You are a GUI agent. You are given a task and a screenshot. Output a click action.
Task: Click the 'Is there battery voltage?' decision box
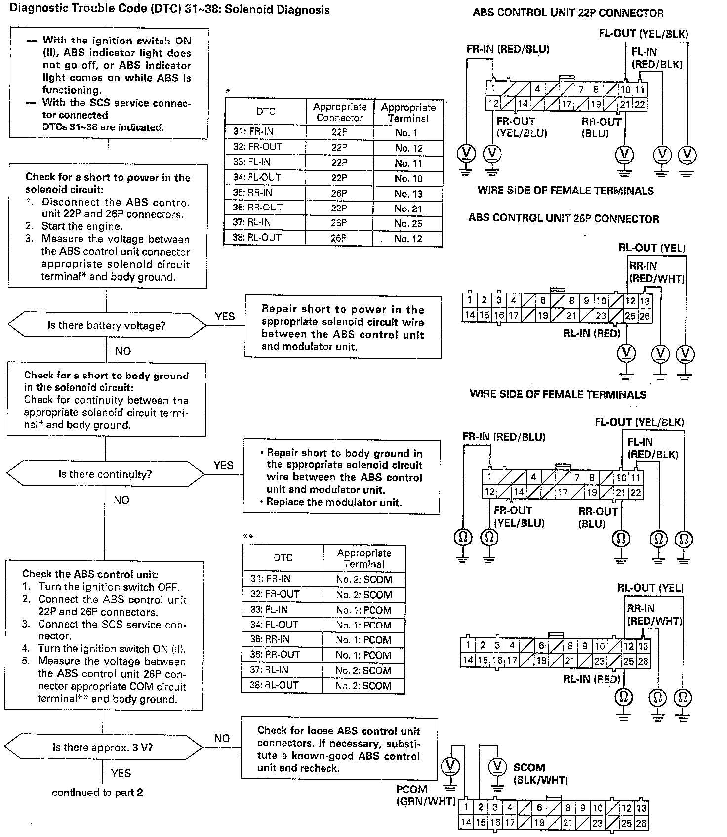click(x=106, y=326)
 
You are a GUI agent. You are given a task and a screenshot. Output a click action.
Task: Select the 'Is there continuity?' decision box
click(x=105, y=475)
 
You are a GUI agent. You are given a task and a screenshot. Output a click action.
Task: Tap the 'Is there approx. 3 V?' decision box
click(x=103, y=748)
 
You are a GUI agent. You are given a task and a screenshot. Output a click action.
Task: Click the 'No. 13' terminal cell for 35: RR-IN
click(x=408, y=193)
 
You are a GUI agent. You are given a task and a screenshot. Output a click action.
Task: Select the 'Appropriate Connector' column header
click(x=339, y=112)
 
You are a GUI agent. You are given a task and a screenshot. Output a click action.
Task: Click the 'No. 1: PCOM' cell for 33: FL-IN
click(x=363, y=610)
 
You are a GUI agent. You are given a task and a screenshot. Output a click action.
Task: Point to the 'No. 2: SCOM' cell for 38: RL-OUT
click(x=363, y=685)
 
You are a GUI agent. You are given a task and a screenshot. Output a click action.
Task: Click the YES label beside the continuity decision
click(x=223, y=466)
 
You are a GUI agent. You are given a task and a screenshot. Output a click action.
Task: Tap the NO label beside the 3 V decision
click(x=222, y=738)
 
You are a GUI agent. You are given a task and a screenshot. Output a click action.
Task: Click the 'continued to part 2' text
click(x=97, y=793)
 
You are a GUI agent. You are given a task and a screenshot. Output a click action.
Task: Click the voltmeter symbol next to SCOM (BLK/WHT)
click(x=497, y=766)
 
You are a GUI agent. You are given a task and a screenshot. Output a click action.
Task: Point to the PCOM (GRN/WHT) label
click(x=425, y=795)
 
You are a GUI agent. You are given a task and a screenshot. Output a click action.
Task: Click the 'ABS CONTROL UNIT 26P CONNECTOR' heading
click(x=564, y=219)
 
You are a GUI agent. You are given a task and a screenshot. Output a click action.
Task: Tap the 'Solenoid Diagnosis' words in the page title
click(x=277, y=10)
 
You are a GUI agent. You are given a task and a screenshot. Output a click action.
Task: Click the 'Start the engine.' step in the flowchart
click(x=81, y=227)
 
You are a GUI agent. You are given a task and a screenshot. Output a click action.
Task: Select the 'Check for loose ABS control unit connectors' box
click(x=339, y=749)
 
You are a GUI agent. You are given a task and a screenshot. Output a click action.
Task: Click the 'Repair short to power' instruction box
click(x=343, y=328)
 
